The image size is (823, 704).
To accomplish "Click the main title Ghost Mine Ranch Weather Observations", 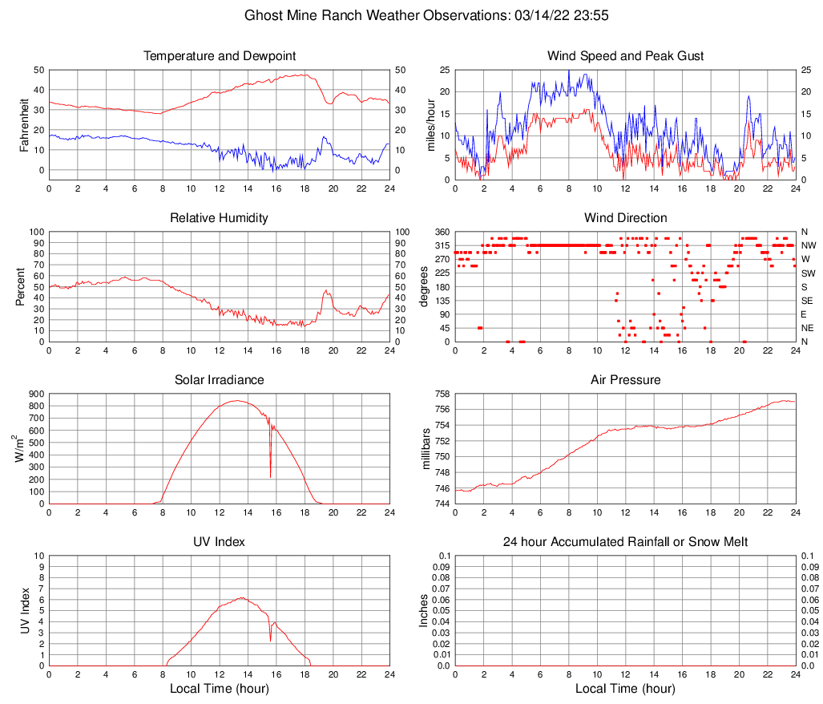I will tap(411, 15).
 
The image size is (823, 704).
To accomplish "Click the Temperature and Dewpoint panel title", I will tap(219, 56).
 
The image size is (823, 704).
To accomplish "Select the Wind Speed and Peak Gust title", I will tap(625, 56).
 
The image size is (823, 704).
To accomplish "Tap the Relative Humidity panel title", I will tap(219, 218).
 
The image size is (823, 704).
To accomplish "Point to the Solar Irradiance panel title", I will tap(219, 379).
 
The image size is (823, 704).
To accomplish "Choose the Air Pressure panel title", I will tap(625, 379).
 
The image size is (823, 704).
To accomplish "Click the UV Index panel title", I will tap(219, 542).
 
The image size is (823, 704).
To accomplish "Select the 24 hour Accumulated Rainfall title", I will tap(625, 542).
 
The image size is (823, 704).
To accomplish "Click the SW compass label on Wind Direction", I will tap(807, 273).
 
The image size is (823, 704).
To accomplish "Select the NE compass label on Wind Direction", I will tap(807, 328).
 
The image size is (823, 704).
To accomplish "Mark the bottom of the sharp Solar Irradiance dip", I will tap(270, 476).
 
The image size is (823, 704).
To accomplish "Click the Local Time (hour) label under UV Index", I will tap(219, 689).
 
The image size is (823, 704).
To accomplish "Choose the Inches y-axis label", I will tap(425, 611).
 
